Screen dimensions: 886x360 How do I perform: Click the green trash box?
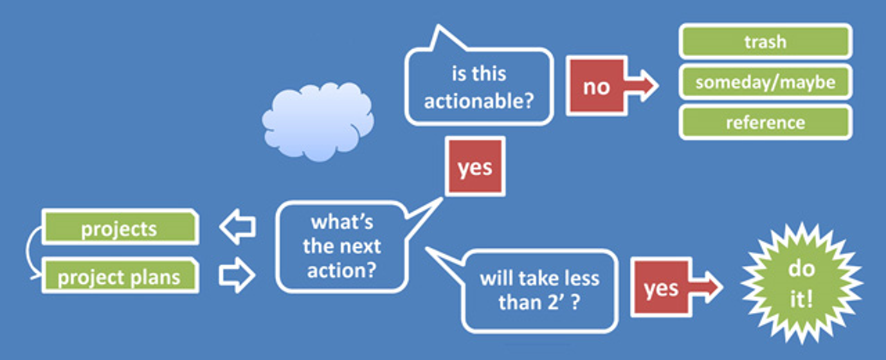tap(766, 41)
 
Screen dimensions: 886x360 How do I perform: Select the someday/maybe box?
tap(766, 82)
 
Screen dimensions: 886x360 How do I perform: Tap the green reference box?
tap(766, 123)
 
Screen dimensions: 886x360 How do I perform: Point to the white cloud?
tap(318, 121)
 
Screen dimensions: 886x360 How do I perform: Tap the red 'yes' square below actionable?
tap(475, 167)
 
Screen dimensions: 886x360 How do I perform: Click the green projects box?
tap(120, 227)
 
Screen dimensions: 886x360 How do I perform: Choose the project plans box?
tap(120, 276)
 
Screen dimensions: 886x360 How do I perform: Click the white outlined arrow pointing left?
tap(237, 226)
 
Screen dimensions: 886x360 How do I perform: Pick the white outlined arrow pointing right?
tap(237, 276)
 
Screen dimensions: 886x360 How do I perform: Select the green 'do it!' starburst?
tap(802, 283)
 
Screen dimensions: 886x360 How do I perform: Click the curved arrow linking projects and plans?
tap(28, 251)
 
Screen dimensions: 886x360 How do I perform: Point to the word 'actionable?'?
tap(479, 101)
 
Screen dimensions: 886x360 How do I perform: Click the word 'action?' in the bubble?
tap(342, 271)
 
